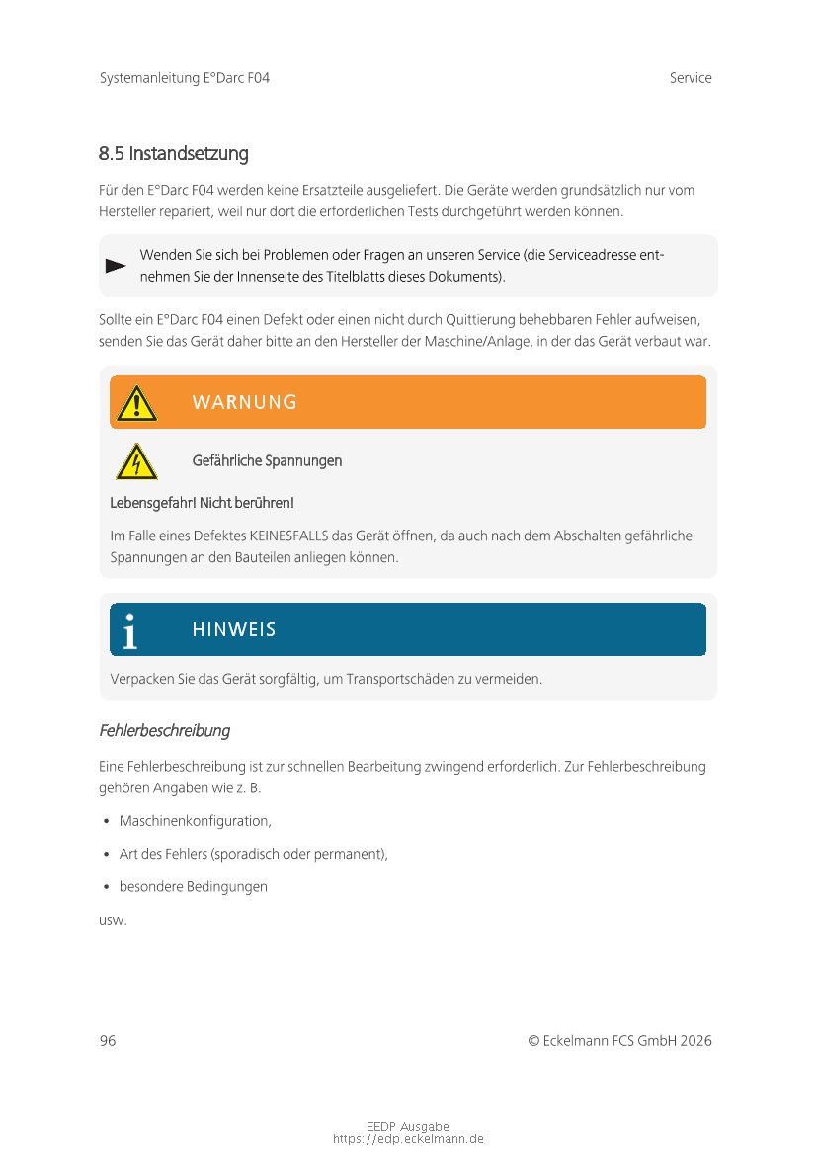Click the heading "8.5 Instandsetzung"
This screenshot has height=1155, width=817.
pyautogui.click(x=173, y=154)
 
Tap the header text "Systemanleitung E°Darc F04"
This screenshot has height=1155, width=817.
pyautogui.click(x=185, y=78)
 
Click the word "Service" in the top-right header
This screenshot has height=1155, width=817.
pyautogui.click(x=690, y=78)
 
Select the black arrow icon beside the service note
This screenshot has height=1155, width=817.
pyautogui.click(x=116, y=266)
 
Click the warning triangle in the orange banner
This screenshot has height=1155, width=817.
pyautogui.click(x=136, y=402)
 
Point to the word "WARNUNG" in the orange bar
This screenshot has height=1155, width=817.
pyautogui.click(x=244, y=402)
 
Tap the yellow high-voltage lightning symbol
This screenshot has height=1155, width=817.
pyautogui.click(x=136, y=461)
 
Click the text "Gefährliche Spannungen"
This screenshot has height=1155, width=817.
pyautogui.click(x=267, y=461)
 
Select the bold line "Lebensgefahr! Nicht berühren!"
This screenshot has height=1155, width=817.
pyautogui.click(x=202, y=504)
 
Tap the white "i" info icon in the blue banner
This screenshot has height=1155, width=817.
pyautogui.click(x=129, y=630)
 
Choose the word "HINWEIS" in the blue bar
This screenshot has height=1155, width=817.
pyautogui.click(x=234, y=630)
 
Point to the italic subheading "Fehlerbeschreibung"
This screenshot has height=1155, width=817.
pyautogui.click(x=165, y=731)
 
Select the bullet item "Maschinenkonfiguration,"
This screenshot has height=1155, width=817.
pyautogui.click(x=196, y=821)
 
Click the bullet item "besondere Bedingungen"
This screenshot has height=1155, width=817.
pyautogui.click(x=194, y=887)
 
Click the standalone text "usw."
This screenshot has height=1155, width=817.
pyautogui.click(x=113, y=920)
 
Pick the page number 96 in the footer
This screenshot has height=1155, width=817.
pyautogui.click(x=108, y=1041)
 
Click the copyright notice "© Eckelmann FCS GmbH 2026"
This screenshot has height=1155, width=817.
pyautogui.click(x=619, y=1041)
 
